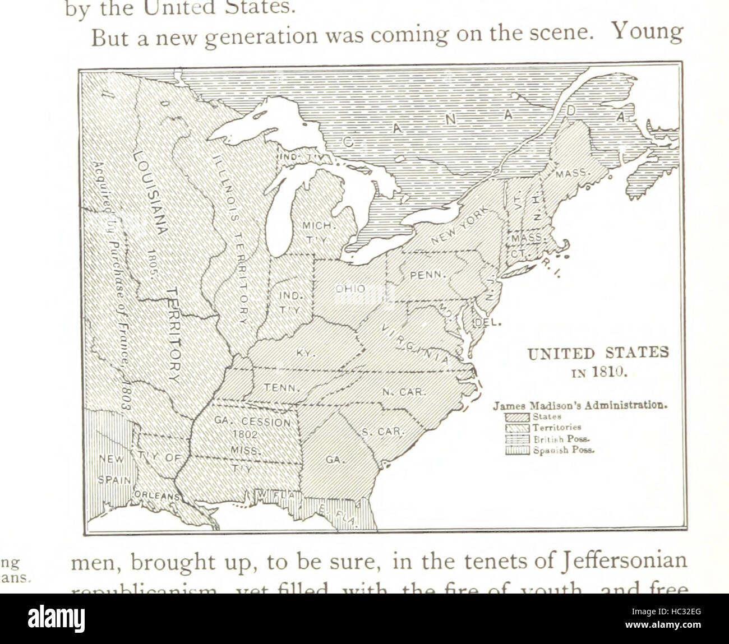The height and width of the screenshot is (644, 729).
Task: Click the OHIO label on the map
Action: point(350,289)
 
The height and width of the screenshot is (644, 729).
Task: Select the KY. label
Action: point(307,353)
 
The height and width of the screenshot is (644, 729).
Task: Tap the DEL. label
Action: point(488,323)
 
